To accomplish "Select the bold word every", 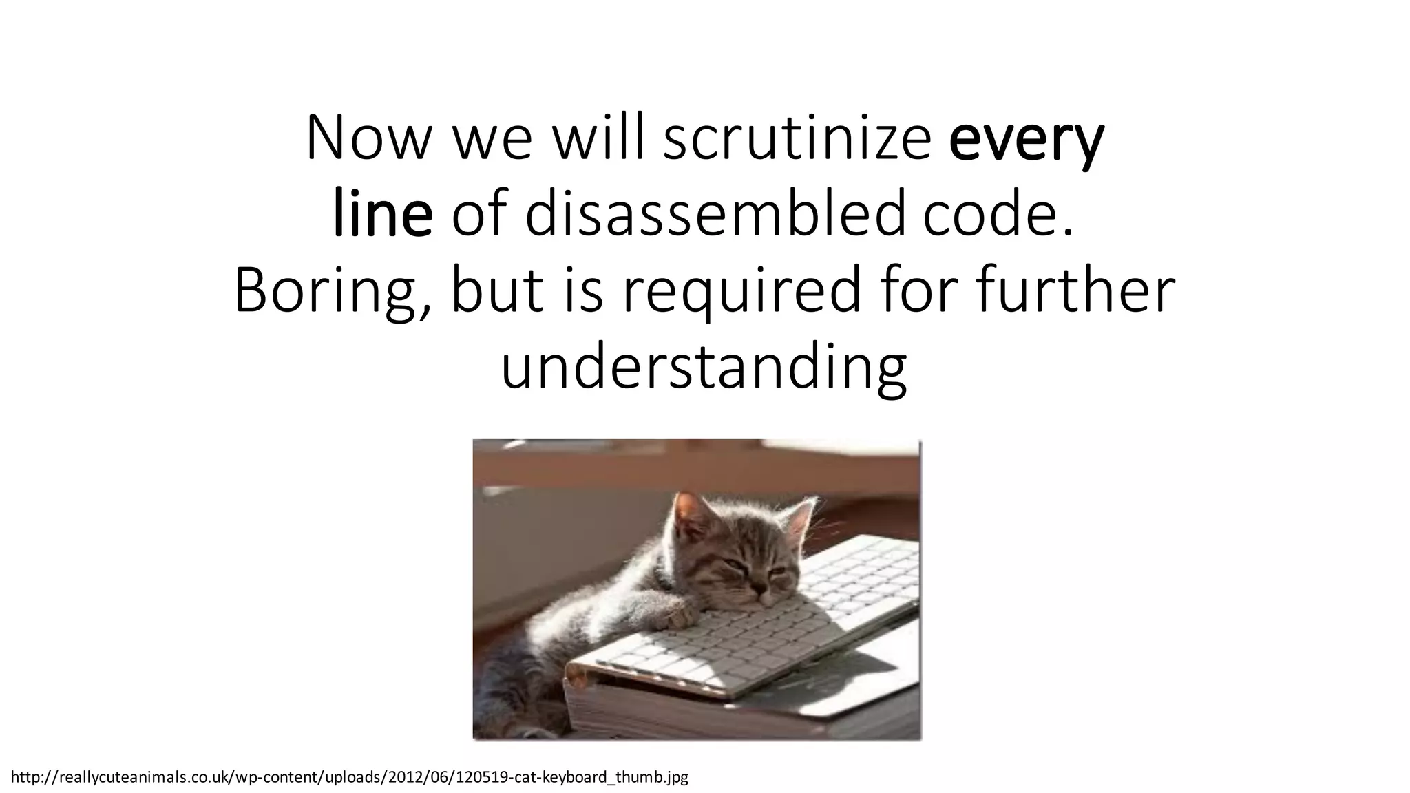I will [1026, 140].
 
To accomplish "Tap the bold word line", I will [383, 215].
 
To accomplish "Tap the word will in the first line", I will [600, 140].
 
